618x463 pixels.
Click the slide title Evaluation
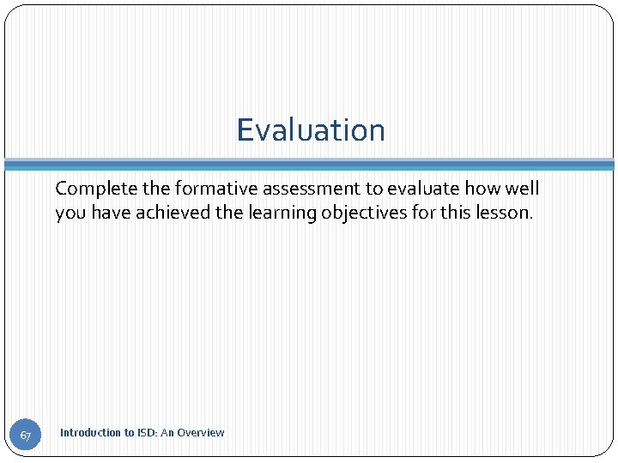(x=311, y=130)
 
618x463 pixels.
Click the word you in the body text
(x=70, y=213)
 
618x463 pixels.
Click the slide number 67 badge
(x=25, y=436)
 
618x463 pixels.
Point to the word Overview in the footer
(x=201, y=433)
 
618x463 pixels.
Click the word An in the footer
(x=167, y=433)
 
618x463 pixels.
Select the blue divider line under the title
(x=309, y=164)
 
